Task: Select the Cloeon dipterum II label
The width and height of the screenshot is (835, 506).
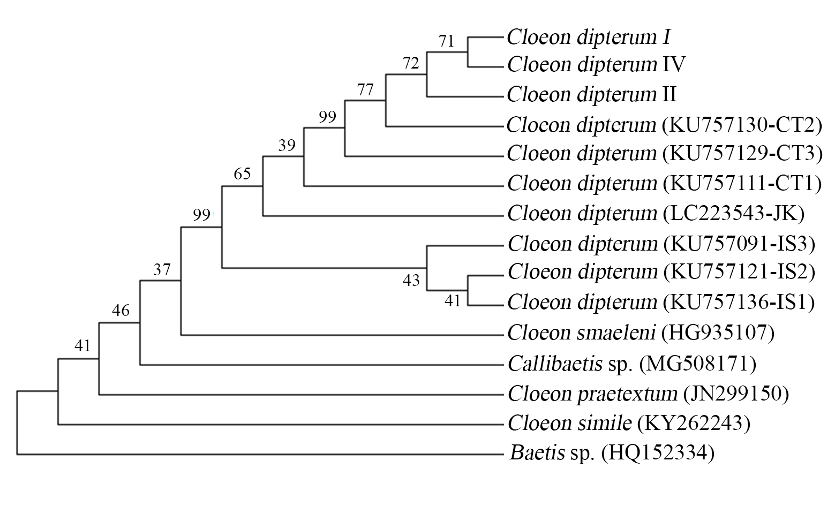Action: click(591, 95)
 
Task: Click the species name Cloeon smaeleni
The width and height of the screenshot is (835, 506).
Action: click(582, 333)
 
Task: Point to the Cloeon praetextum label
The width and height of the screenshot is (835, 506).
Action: click(592, 394)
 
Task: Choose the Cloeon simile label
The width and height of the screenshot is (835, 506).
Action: click(569, 424)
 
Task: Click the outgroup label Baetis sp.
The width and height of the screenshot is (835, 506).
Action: click(552, 454)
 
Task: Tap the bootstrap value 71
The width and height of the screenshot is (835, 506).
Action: click(446, 41)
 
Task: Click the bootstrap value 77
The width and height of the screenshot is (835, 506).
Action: click(365, 89)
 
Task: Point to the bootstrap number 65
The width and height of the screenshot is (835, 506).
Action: click(242, 173)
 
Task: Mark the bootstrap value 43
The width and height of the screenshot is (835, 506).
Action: click(411, 280)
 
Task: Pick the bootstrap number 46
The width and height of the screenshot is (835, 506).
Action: click(121, 310)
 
